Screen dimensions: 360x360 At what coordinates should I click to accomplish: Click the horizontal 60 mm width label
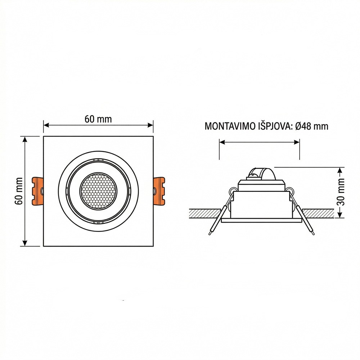(98, 119)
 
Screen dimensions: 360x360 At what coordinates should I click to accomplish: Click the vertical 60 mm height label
(19, 191)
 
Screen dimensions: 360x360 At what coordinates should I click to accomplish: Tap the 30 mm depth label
(341, 192)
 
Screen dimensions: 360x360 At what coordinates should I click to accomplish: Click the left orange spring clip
(37, 191)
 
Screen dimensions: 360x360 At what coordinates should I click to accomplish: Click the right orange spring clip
(159, 191)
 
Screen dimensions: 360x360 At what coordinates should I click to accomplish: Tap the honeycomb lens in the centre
(98, 191)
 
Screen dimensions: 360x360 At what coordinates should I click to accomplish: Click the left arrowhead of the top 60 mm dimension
(46, 125)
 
